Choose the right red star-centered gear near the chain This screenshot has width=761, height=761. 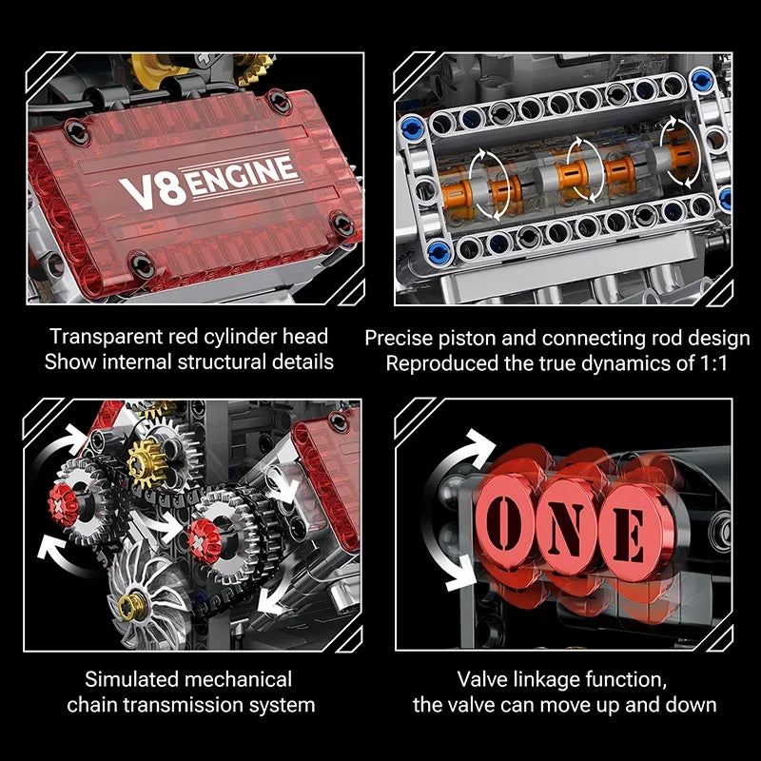coord(198,537)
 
